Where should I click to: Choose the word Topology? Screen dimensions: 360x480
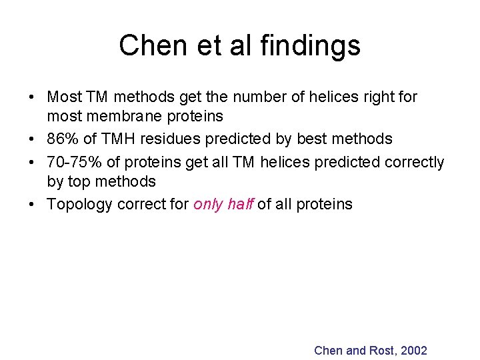(x=79, y=205)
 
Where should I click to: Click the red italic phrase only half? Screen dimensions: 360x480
(x=223, y=205)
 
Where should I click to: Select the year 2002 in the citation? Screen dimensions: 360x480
(x=413, y=351)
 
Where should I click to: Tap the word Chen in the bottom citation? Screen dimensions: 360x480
(x=328, y=351)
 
